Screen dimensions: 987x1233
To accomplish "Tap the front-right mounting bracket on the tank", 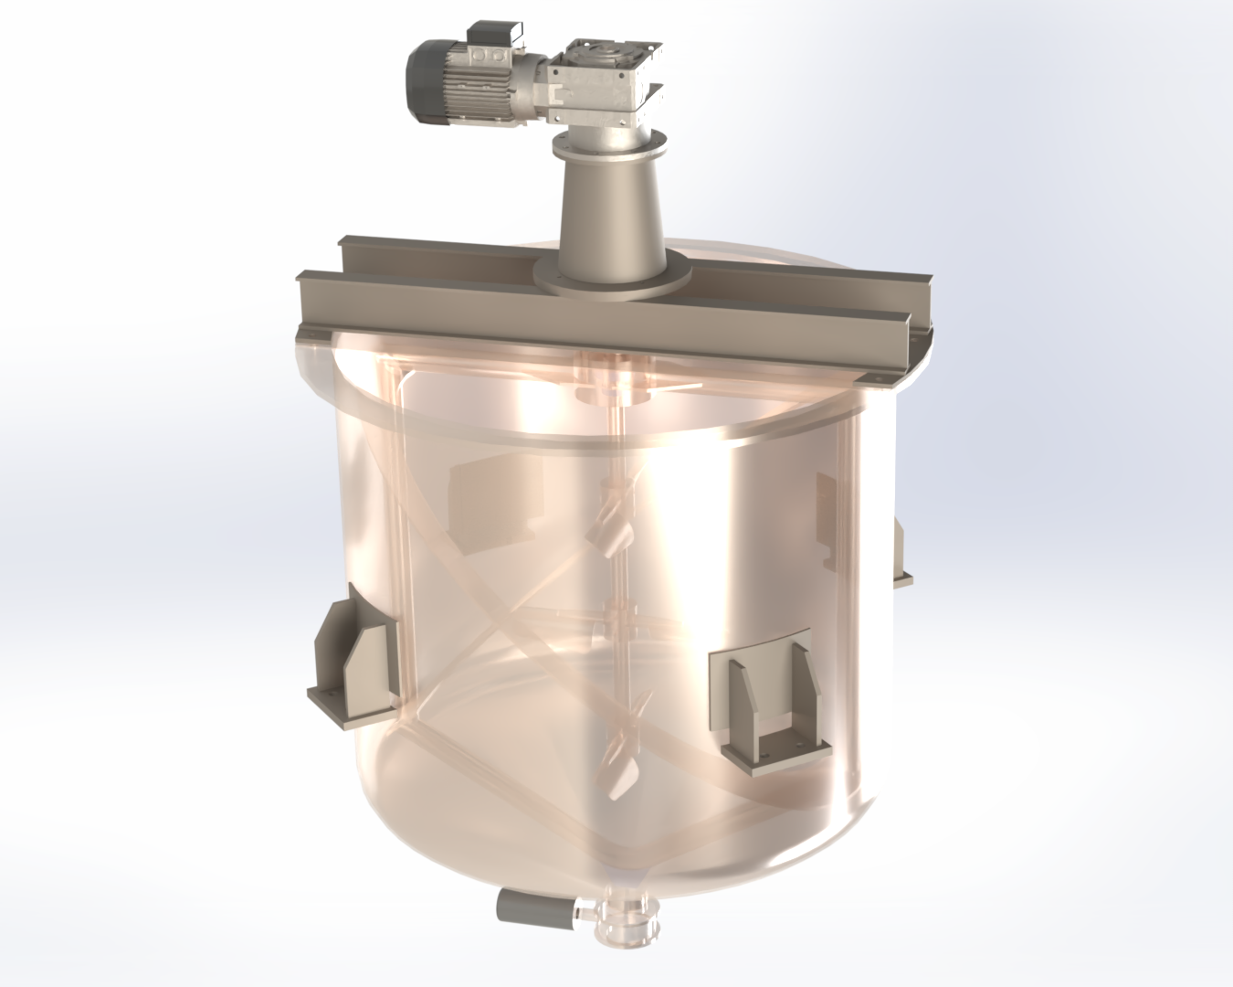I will (x=772, y=699).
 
